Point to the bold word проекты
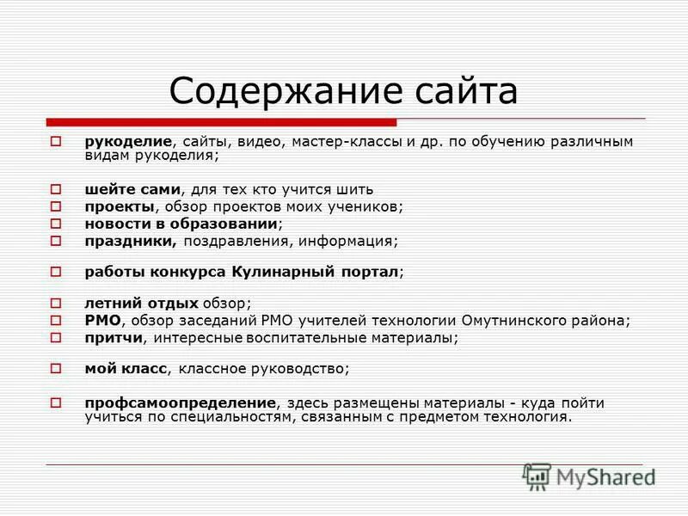pyautogui.click(x=120, y=206)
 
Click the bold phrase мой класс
pyautogui.click(x=123, y=369)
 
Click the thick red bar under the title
pyautogui.click(x=222, y=121)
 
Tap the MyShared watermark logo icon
pyautogui.click(x=537, y=476)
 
